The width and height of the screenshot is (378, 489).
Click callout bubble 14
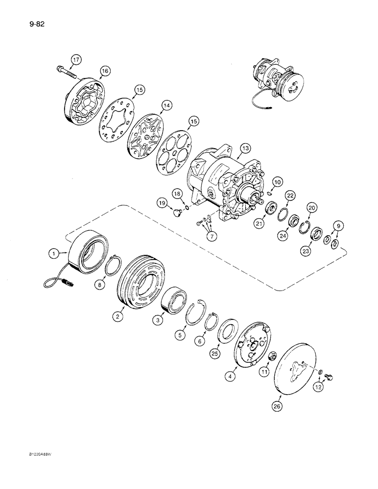point(168,105)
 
